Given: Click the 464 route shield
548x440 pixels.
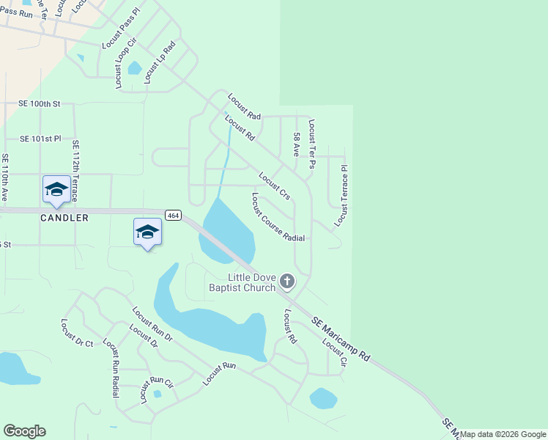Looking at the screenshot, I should coord(173,215).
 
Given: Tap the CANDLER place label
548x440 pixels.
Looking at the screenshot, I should coord(64,218).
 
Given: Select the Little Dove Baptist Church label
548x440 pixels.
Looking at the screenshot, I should coord(252,282).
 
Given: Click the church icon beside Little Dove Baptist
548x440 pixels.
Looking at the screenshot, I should coord(287,281).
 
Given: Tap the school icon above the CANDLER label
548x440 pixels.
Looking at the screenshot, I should coord(56,189).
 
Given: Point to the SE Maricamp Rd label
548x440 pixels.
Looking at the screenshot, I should coord(341,338).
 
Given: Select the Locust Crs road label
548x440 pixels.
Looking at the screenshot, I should coord(275,186).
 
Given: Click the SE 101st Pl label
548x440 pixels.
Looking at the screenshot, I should coord(40,138).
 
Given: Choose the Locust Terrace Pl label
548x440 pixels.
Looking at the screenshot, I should coord(342,195).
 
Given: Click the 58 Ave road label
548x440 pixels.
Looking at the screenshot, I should coord(297,144).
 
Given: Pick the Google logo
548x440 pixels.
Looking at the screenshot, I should coord(24,431).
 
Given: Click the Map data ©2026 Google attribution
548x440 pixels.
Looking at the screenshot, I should coord(503,434).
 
